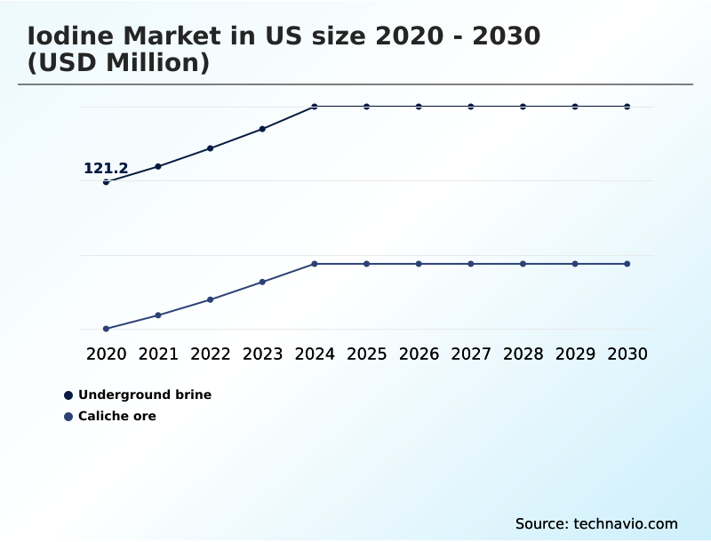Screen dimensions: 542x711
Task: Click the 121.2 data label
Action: pos(106,168)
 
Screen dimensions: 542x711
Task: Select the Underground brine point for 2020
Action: pos(106,182)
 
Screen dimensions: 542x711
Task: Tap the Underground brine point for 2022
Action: pos(211,148)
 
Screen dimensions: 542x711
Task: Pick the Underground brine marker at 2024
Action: pos(315,107)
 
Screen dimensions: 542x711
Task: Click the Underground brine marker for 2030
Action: pos(627,107)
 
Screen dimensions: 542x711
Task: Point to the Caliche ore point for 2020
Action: pos(106,329)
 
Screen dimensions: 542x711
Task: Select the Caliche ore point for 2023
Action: pos(262,282)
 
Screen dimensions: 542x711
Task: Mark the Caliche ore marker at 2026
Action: pos(419,264)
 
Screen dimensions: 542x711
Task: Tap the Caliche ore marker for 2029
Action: pos(575,264)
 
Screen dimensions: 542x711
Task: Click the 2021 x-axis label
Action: pos(158,354)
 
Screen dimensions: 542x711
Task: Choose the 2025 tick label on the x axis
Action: pos(366,354)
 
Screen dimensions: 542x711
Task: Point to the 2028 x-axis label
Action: pos(523,354)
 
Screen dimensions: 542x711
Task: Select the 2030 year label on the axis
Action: pos(627,354)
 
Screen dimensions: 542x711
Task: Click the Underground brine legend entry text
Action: pos(145,395)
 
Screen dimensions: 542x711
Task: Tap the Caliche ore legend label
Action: pos(116,416)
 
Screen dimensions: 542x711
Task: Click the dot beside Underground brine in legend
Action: pos(68,395)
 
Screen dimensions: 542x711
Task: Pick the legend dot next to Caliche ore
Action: pos(68,416)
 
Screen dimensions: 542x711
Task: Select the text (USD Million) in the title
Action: pos(118,63)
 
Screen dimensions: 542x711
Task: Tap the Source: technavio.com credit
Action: pos(596,523)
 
